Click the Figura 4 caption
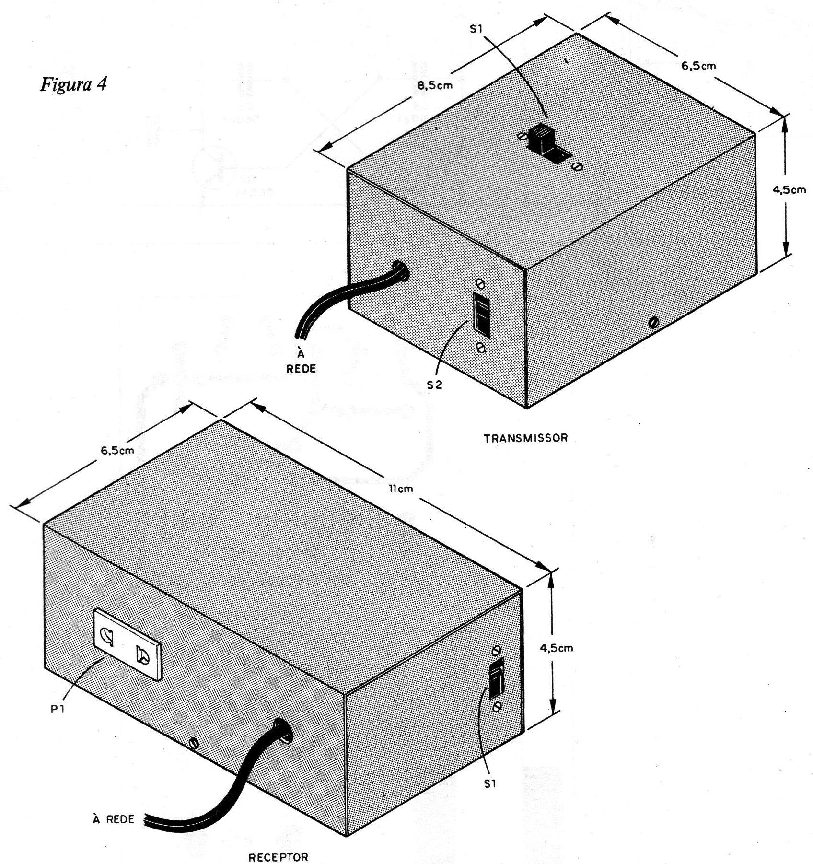(x=73, y=84)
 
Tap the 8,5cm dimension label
(x=433, y=86)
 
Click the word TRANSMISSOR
(x=526, y=438)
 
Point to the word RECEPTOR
(x=278, y=856)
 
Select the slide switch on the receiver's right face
(x=496, y=677)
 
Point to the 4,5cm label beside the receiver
(x=557, y=648)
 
